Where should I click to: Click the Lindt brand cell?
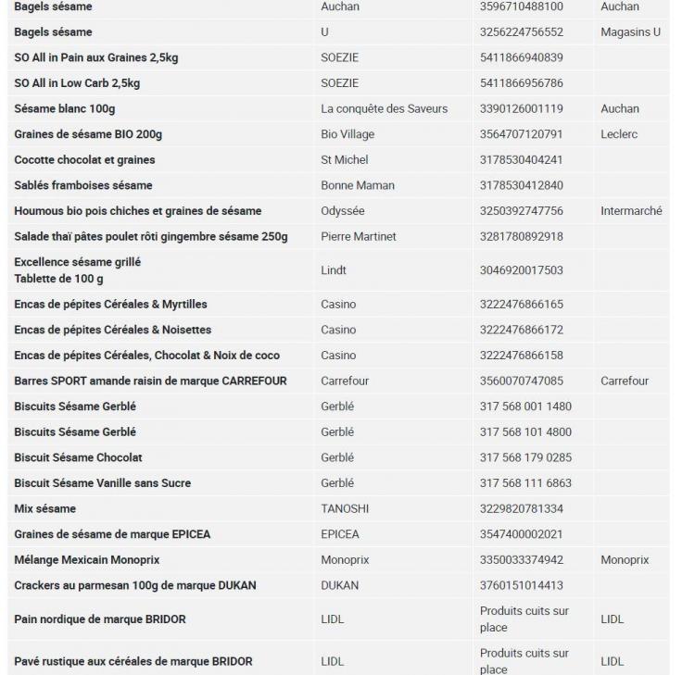(334, 270)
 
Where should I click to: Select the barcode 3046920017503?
(521, 270)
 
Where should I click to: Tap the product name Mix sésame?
(44, 508)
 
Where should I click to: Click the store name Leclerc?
(619, 134)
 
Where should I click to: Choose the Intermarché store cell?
(631, 211)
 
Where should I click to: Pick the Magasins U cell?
(630, 32)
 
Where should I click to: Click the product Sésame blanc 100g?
(65, 108)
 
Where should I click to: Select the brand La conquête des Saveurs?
(384, 108)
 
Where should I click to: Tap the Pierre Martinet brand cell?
(358, 236)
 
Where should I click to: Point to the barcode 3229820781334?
(521, 508)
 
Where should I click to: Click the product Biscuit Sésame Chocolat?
(78, 457)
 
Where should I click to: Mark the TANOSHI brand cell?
(347, 508)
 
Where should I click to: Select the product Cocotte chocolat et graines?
(84, 159)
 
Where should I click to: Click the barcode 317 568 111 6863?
(525, 483)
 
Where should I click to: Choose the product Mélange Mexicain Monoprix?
(87, 560)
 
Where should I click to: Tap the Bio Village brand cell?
(347, 134)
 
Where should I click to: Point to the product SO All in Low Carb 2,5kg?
(77, 83)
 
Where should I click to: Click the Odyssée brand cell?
(343, 211)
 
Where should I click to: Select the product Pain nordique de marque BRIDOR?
(99, 619)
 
